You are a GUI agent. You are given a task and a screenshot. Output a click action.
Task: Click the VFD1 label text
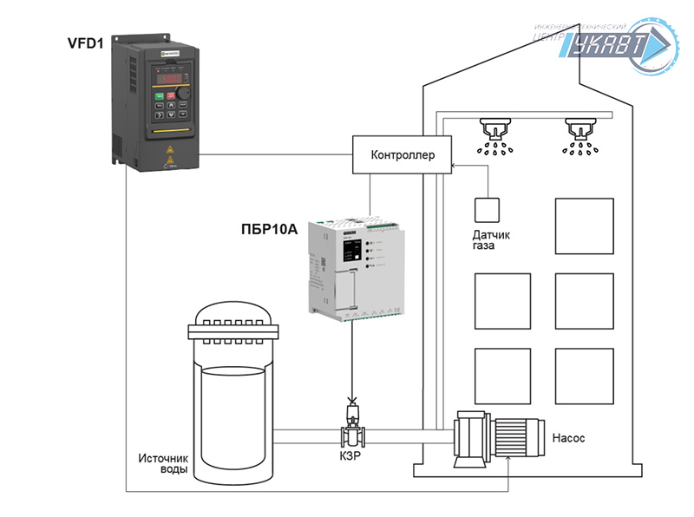(86, 43)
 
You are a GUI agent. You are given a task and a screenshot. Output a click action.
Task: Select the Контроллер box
(402, 156)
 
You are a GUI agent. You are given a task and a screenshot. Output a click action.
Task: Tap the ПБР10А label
(269, 230)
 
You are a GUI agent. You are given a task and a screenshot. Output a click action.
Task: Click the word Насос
(568, 438)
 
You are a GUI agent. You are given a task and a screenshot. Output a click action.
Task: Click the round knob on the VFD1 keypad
(184, 95)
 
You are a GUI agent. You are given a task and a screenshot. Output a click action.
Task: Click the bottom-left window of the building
(501, 374)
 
